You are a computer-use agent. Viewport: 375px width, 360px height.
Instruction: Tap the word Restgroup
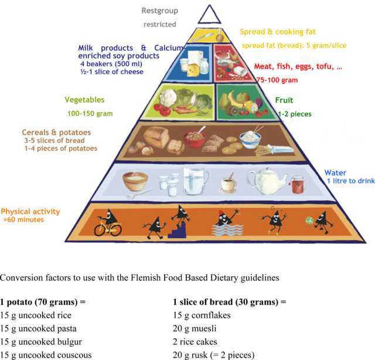(160, 11)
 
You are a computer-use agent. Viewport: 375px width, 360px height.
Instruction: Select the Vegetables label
(84, 100)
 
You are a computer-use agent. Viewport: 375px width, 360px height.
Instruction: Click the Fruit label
(284, 100)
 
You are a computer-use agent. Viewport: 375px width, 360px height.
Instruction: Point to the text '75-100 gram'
(277, 80)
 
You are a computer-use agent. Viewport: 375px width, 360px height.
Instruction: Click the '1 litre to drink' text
(350, 181)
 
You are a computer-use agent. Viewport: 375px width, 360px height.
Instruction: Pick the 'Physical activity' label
(30, 211)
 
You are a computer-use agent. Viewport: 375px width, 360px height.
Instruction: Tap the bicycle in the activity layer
(108, 228)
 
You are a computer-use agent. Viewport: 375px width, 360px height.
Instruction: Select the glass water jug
(195, 181)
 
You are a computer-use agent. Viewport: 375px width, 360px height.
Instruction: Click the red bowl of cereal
(195, 139)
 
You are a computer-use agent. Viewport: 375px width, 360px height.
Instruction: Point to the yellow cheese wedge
(193, 70)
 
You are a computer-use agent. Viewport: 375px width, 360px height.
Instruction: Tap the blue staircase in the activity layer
(177, 230)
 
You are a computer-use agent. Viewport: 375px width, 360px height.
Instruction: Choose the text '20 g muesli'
(195, 328)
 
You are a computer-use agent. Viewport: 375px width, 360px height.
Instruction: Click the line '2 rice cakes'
(195, 342)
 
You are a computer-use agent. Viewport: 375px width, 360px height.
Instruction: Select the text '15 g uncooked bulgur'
(41, 342)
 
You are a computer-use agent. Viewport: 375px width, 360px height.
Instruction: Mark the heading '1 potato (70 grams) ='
(43, 302)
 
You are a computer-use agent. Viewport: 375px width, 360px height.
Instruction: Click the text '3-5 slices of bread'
(54, 141)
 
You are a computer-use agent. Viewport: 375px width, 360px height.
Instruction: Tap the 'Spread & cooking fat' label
(278, 32)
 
